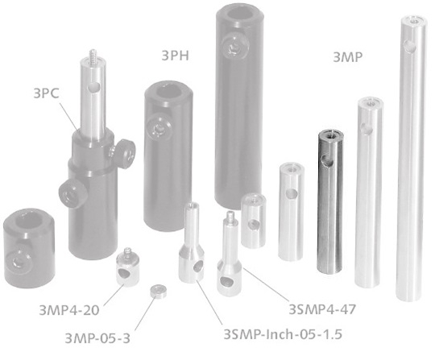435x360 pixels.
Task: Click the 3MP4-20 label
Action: pyautogui.click(x=65, y=308)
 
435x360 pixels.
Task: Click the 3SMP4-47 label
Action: pyautogui.click(x=322, y=307)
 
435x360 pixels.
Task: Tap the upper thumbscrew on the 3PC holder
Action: pyautogui.click(x=122, y=151)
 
